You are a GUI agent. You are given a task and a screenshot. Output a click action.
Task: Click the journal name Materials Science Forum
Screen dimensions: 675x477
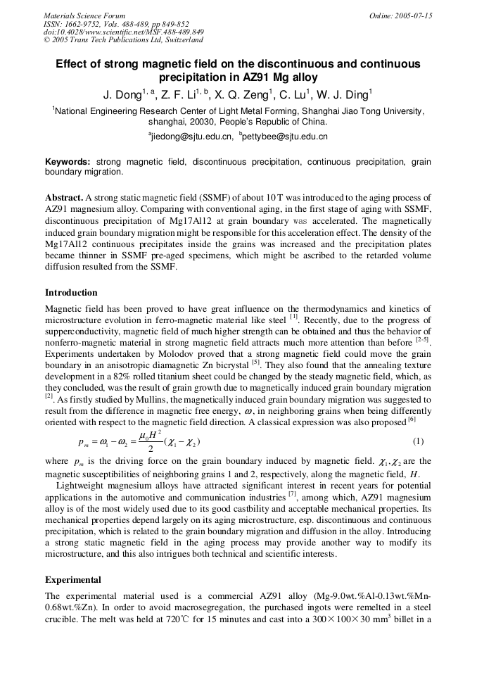[x=84, y=15]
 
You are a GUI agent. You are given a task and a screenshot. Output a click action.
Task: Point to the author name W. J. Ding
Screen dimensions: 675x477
[x=345, y=94]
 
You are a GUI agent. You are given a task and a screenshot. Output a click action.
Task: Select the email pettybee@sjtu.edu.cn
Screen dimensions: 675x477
[x=285, y=137]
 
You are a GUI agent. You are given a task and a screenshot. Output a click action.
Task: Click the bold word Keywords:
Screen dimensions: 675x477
[x=68, y=162]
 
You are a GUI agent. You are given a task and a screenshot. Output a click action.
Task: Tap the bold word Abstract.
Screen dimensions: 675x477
[x=64, y=198]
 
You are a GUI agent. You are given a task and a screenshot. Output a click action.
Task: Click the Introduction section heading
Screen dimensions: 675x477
[x=71, y=293]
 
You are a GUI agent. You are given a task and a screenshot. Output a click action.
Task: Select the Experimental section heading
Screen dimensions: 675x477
[x=73, y=580]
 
